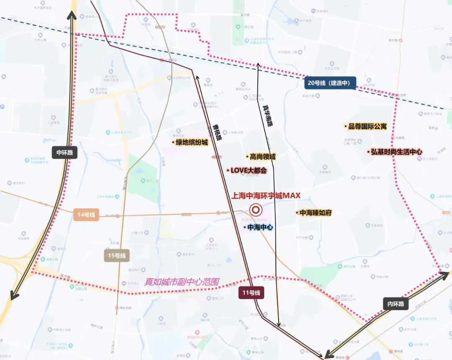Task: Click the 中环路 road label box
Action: (65, 153)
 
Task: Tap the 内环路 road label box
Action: (395, 304)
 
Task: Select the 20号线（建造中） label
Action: (330, 83)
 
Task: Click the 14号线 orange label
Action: (86, 215)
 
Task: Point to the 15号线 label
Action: (117, 255)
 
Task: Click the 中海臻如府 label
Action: (314, 213)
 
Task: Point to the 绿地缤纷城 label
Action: (190, 143)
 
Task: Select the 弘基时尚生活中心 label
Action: (395, 152)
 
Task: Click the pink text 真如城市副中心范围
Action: (182, 282)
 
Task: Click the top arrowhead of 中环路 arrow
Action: (72, 15)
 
